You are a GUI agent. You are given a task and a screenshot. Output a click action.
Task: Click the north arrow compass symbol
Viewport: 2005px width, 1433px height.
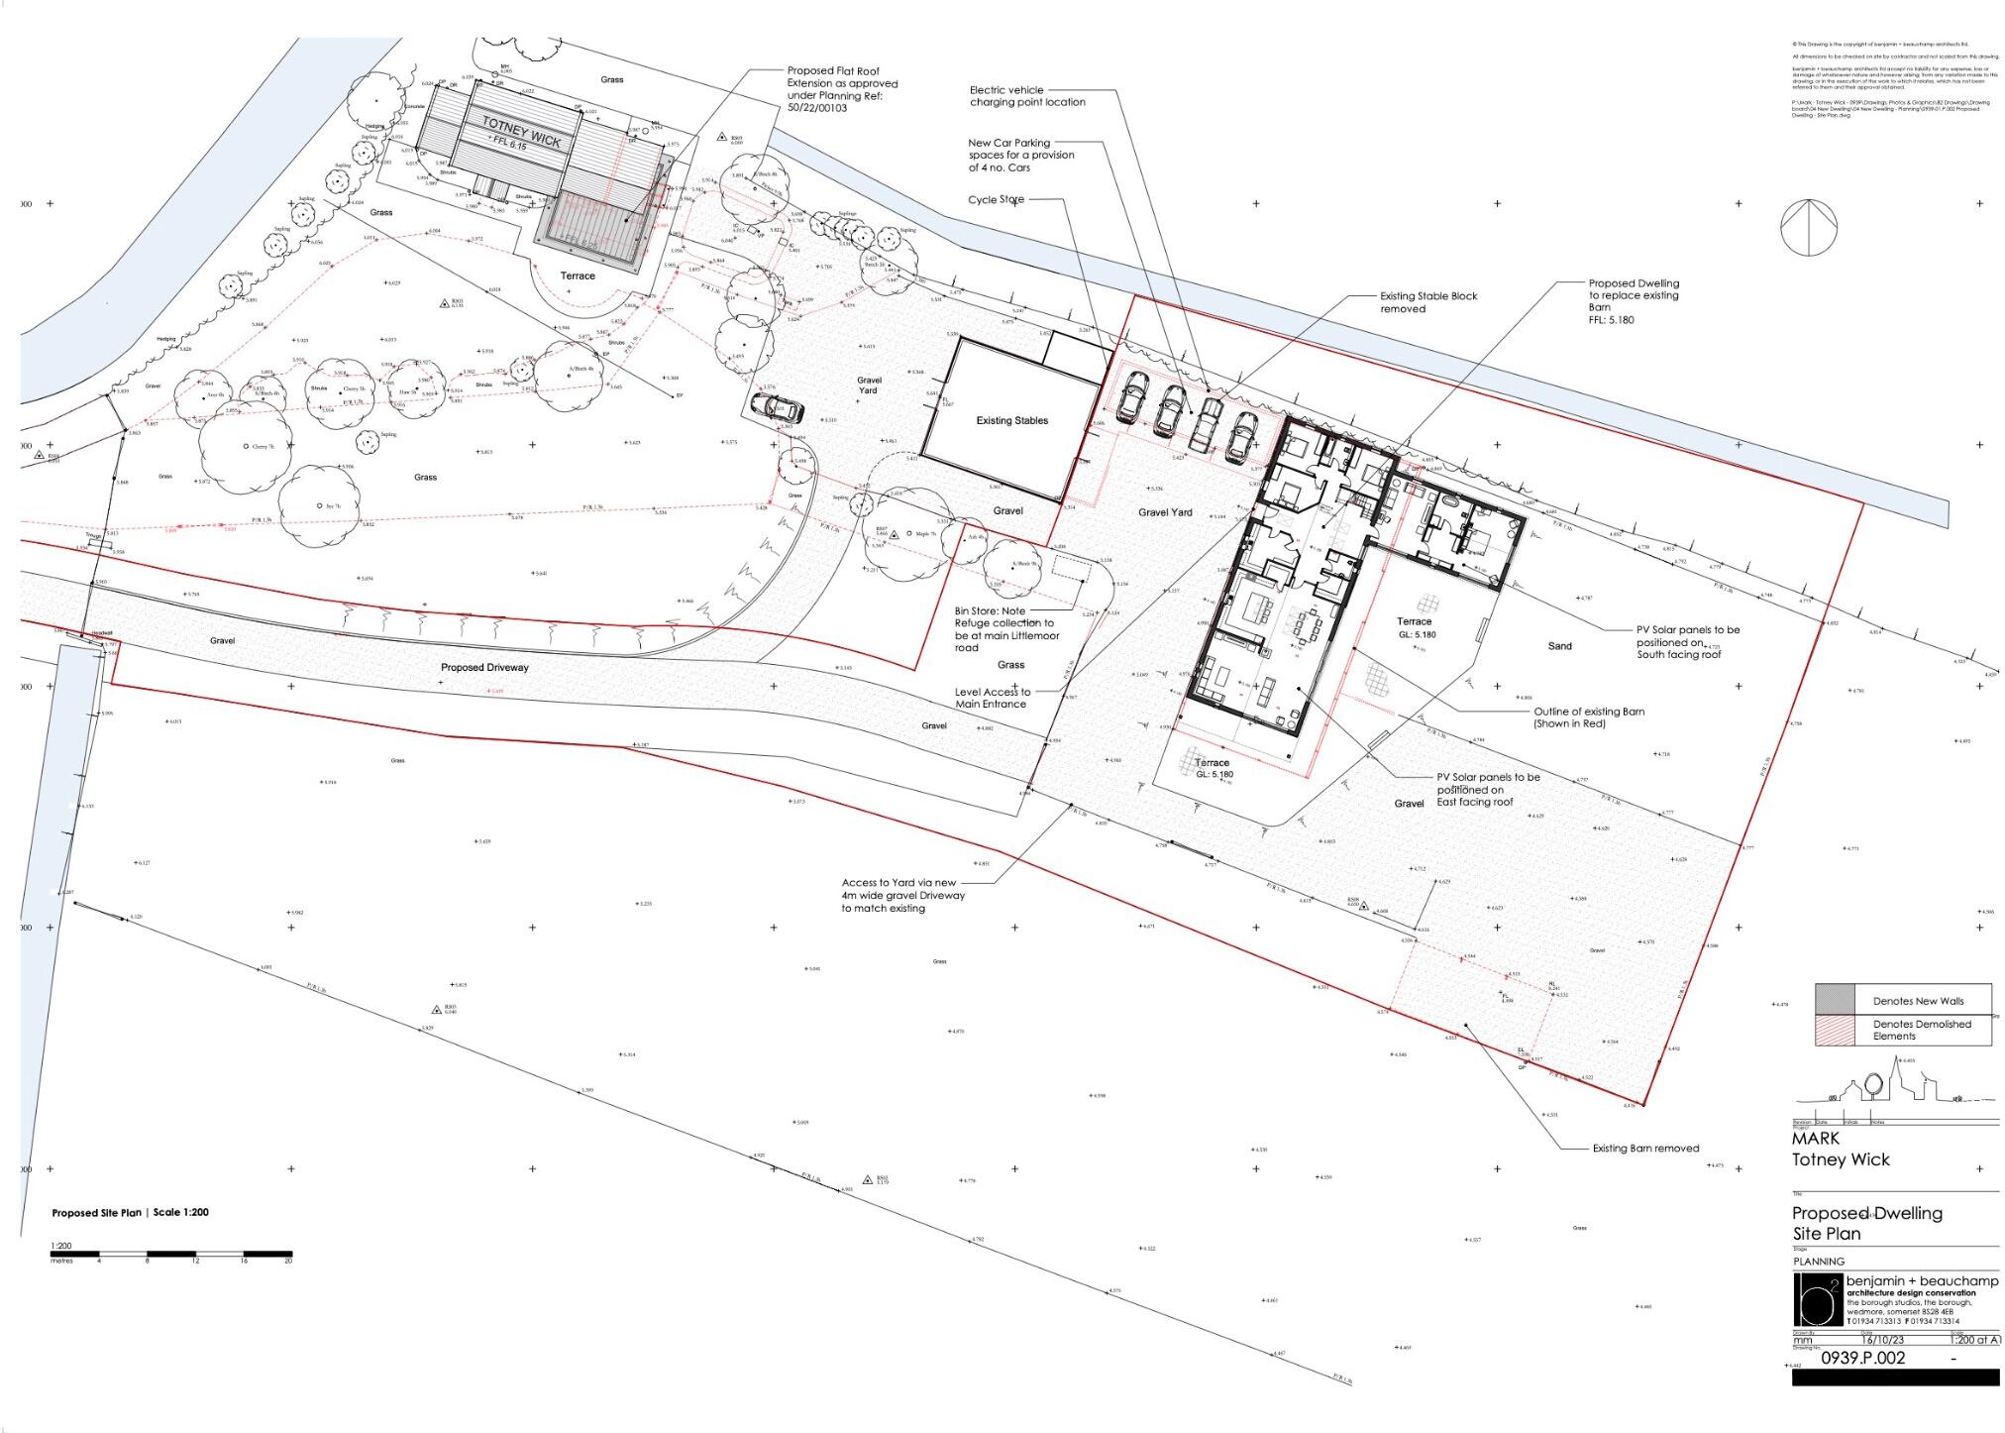1808,229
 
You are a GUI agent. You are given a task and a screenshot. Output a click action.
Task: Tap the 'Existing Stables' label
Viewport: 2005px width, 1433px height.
1011,421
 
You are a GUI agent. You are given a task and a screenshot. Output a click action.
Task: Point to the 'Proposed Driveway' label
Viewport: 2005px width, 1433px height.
484,668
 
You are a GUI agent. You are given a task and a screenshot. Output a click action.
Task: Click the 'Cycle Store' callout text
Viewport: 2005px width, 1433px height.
996,200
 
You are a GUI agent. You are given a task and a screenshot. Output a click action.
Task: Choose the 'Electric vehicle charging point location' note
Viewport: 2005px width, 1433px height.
1026,96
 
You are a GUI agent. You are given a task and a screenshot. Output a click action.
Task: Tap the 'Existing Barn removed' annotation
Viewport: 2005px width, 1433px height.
1644,1149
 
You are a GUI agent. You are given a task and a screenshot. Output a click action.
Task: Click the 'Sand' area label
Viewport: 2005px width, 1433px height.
1559,646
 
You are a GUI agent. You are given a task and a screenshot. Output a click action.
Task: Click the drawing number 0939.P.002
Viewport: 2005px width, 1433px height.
1862,1359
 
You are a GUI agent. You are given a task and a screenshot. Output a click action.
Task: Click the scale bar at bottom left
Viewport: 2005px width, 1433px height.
171,1255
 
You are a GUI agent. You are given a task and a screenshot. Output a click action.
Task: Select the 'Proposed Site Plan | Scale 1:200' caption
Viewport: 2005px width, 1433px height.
130,1213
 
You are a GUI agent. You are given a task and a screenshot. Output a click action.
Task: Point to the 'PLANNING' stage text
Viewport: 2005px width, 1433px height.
1819,1263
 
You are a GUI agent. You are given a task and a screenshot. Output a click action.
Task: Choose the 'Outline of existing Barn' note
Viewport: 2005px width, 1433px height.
1589,717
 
